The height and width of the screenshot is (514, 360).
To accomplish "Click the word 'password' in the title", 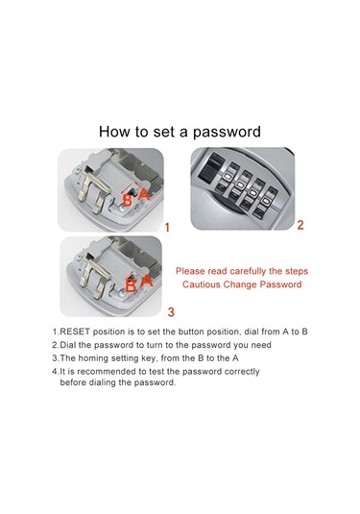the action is click(x=227, y=133).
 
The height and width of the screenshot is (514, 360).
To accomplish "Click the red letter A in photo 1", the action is click(x=143, y=194).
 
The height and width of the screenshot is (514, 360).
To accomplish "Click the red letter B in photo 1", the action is click(x=127, y=200).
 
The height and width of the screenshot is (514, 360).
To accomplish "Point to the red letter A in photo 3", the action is click(x=147, y=281).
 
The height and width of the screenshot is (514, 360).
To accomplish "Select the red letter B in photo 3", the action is click(x=131, y=286).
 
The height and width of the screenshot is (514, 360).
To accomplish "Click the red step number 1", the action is click(x=167, y=228).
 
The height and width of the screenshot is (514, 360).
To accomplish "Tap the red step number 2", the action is click(x=300, y=225).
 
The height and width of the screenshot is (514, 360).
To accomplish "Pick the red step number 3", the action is click(x=171, y=311).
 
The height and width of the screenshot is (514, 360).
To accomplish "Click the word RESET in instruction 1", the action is click(x=75, y=331).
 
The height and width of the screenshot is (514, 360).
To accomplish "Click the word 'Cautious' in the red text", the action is click(x=202, y=284).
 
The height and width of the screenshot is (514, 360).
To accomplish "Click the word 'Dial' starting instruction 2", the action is click(x=68, y=345).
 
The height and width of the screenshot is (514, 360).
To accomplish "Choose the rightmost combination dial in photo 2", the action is click(x=265, y=202).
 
